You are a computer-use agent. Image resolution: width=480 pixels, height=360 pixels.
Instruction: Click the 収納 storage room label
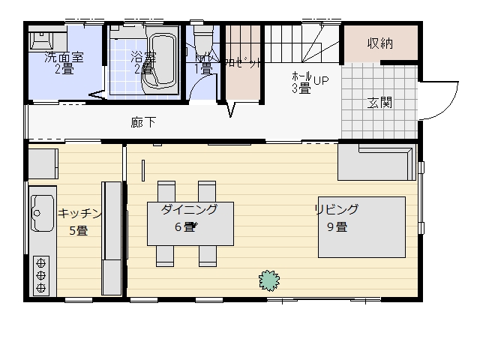[x=380, y=43]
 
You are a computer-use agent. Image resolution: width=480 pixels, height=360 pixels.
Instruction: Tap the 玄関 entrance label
[x=380, y=103]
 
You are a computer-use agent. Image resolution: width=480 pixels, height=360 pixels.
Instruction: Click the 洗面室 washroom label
[x=63, y=57]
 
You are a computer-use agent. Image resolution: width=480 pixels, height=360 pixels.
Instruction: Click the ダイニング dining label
[x=189, y=210]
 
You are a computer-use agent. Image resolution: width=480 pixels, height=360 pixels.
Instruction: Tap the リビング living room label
[x=336, y=209]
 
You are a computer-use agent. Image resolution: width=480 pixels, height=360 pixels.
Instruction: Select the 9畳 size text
[x=336, y=227]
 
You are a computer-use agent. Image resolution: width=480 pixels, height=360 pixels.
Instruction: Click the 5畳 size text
[x=78, y=231]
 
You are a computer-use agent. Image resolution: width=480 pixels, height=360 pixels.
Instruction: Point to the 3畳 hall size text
[x=301, y=89]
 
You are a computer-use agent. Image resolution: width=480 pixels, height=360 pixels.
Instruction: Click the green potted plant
[x=269, y=280]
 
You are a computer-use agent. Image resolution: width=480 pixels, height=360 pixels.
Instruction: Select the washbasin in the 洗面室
[x=40, y=39]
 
